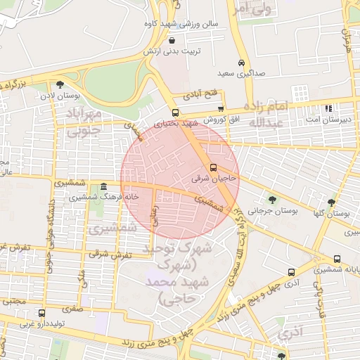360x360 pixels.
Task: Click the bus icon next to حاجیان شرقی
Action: (214, 167)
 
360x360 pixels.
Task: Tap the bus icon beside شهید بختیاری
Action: (175, 112)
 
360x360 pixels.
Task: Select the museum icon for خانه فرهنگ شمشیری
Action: (104, 187)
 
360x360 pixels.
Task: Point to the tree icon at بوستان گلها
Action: (331, 202)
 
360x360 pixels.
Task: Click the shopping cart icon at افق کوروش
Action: (221, 109)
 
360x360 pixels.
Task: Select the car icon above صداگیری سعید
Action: (242, 61)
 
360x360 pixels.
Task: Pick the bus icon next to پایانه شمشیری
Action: (337, 259)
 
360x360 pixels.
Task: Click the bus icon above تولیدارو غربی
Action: (41, 313)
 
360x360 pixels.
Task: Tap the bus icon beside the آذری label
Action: (291, 272)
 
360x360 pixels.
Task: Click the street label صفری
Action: (72, 307)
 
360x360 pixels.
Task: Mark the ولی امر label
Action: (251, 10)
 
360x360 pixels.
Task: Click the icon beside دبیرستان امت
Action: (328, 108)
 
